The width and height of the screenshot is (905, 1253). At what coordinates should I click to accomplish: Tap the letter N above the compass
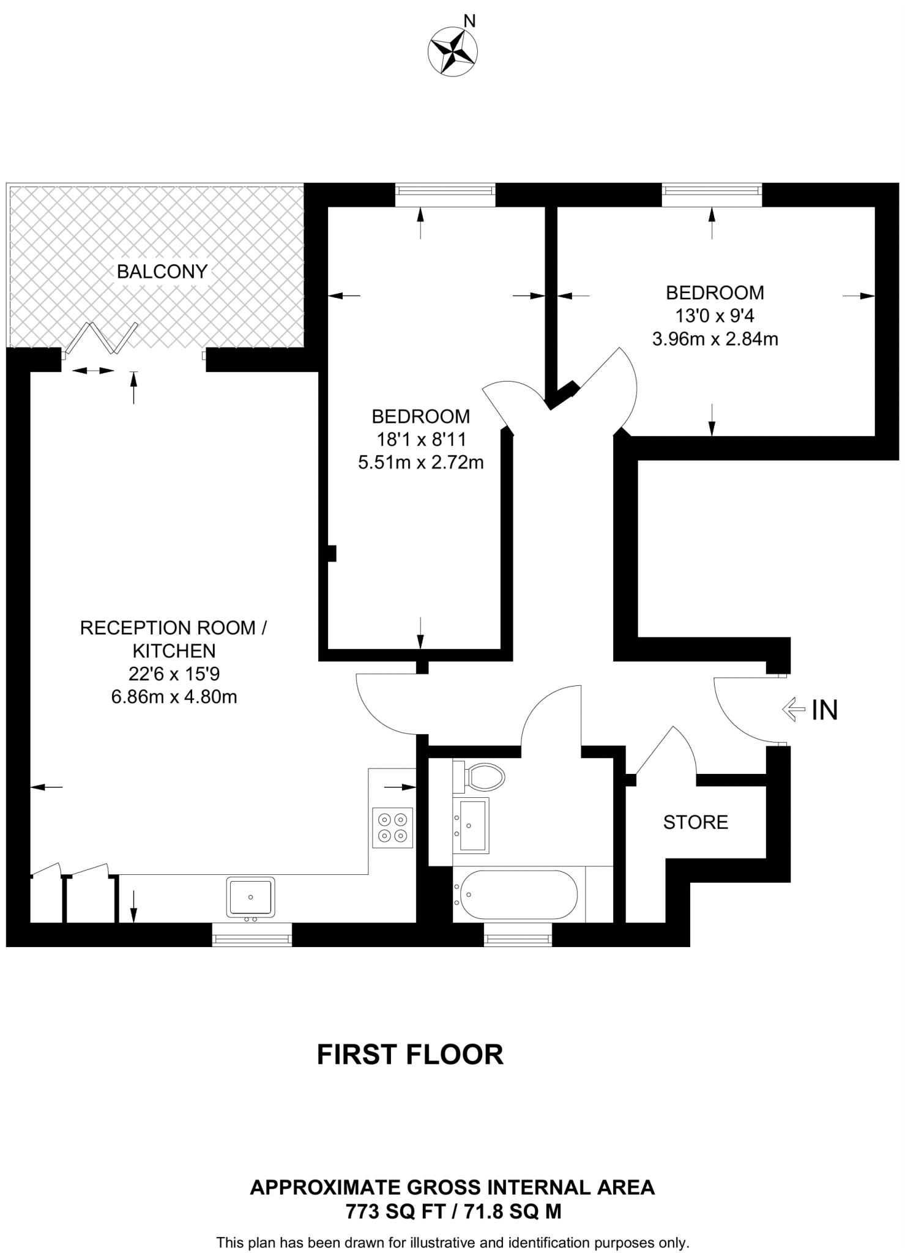(x=469, y=21)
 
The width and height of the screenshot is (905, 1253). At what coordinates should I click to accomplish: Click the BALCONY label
(x=162, y=272)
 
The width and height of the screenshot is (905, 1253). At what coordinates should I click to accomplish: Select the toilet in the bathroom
(x=483, y=777)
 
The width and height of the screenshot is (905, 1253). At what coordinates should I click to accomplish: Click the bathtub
(x=518, y=894)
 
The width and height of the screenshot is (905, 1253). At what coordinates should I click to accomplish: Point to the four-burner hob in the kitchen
(x=392, y=828)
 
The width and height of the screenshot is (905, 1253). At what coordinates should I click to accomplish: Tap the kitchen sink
(x=251, y=897)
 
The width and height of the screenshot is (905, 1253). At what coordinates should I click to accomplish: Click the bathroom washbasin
(x=471, y=825)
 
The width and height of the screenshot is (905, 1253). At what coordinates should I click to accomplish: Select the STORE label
(x=695, y=822)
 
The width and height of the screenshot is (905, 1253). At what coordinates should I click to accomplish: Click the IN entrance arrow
(x=793, y=710)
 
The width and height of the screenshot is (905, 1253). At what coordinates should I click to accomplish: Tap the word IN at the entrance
(x=824, y=710)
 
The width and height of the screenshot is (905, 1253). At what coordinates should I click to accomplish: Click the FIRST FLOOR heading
(x=410, y=1055)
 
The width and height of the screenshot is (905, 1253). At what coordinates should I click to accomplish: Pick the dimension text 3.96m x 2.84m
(x=715, y=339)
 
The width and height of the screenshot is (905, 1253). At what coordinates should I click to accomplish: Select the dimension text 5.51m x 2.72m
(x=420, y=463)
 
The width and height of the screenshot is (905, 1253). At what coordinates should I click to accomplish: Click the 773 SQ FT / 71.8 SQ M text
(x=453, y=1211)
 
